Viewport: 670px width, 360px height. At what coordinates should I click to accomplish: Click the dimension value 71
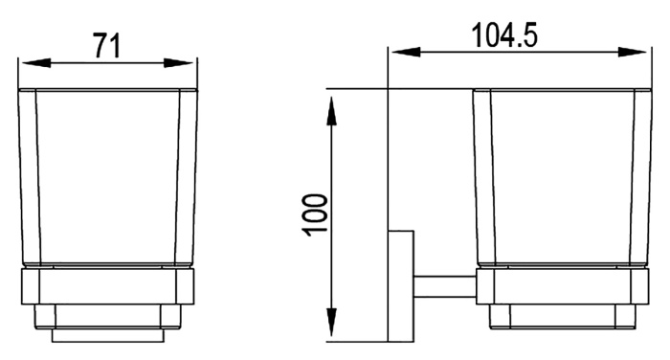point(107,46)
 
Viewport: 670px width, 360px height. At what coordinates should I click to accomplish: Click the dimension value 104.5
point(504,35)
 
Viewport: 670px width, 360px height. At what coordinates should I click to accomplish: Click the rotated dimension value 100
point(315,215)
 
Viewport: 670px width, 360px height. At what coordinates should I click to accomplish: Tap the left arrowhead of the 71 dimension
point(36,63)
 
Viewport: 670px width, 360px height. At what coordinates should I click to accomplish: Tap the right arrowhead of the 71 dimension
point(179,63)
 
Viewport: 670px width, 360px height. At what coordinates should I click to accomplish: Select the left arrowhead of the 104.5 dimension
point(406,52)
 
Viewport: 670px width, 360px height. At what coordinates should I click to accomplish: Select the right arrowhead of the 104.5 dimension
point(633,52)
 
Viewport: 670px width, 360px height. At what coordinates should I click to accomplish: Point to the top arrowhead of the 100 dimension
point(331,111)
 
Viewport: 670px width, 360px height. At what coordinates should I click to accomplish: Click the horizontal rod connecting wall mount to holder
point(445,286)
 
